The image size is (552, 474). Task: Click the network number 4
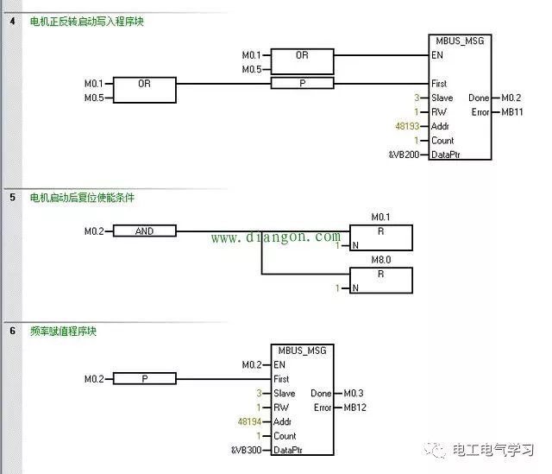pyautogui.click(x=11, y=21)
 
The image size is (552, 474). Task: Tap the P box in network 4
pyautogui.click(x=301, y=84)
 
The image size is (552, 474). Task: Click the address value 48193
pyautogui.click(x=406, y=126)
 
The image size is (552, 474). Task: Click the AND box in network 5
pyautogui.click(x=144, y=231)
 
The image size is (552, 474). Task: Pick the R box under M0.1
pyautogui.click(x=380, y=237)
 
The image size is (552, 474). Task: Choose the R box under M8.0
pyautogui.click(x=380, y=280)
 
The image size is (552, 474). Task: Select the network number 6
pyautogui.click(x=11, y=331)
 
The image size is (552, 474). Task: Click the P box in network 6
pyautogui.click(x=144, y=379)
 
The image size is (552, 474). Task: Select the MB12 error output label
pyautogui.click(x=355, y=408)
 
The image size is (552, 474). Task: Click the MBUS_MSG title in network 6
pyautogui.click(x=301, y=351)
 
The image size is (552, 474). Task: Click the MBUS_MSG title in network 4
pyautogui.click(x=460, y=41)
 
